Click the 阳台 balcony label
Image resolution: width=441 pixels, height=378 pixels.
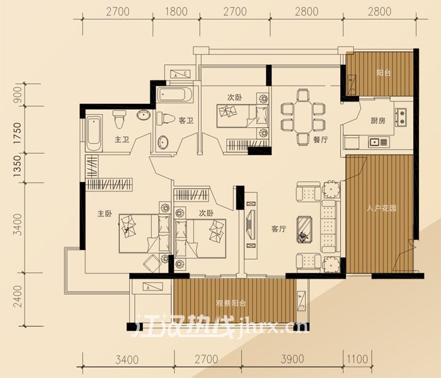(383, 73)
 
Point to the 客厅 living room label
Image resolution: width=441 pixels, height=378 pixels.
(279, 229)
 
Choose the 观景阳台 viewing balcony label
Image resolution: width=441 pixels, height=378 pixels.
(231, 303)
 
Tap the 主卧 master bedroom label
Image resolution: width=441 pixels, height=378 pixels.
(104, 213)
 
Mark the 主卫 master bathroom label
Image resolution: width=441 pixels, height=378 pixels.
(122, 139)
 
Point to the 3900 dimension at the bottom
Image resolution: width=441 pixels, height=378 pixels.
(293, 360)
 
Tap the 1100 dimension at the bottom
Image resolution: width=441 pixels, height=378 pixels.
(357, 360)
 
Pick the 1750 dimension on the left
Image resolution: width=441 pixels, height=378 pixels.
(17, 133)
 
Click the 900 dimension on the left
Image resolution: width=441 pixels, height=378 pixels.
(17, 95)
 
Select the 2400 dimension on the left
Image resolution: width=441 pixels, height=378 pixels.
(17, 295)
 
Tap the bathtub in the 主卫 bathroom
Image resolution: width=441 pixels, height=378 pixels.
(93, 134)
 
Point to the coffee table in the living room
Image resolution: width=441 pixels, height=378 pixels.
(305, 229)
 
